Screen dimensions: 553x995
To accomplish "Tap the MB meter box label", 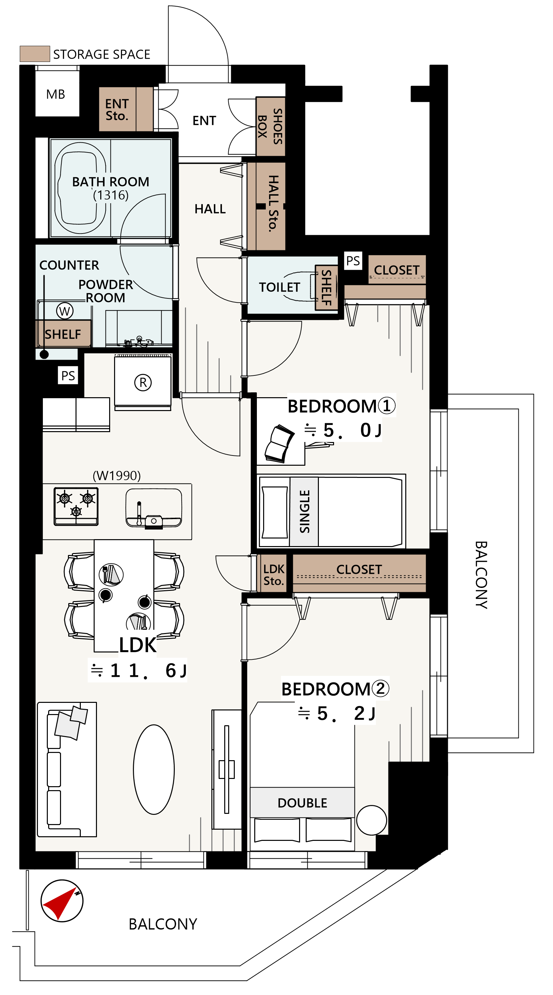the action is point(56,94).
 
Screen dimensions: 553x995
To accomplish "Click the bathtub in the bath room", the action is point(80,188).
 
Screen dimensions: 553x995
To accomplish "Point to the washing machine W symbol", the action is point(65,311).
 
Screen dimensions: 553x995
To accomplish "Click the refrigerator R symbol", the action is point(143,382).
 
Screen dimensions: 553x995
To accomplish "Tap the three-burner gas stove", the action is point(76,506).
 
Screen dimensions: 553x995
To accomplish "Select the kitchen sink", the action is point(154,508).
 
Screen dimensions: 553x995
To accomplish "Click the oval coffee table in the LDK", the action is point(154,769).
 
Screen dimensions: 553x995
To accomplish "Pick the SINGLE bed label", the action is point(305,511).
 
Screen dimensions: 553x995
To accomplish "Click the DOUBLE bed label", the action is point(302,803).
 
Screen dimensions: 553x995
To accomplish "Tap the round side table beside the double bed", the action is point(372,820).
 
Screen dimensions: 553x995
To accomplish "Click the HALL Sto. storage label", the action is point(273,204).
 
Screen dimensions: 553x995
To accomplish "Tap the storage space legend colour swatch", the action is point(35,54).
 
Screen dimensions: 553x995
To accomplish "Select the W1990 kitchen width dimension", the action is point(117,476).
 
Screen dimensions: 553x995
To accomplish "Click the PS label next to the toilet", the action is point(353,261).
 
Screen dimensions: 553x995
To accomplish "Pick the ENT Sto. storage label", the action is point(117,110).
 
